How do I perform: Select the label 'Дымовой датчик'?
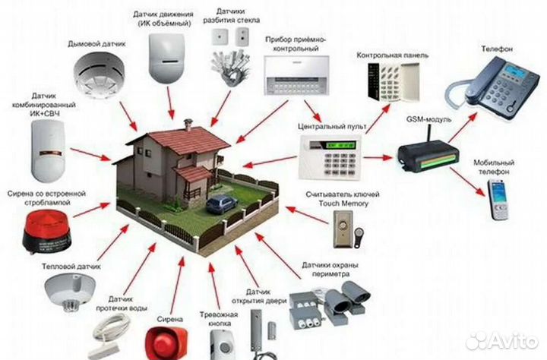[96, 44]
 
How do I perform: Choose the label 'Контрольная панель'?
[392, 56]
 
